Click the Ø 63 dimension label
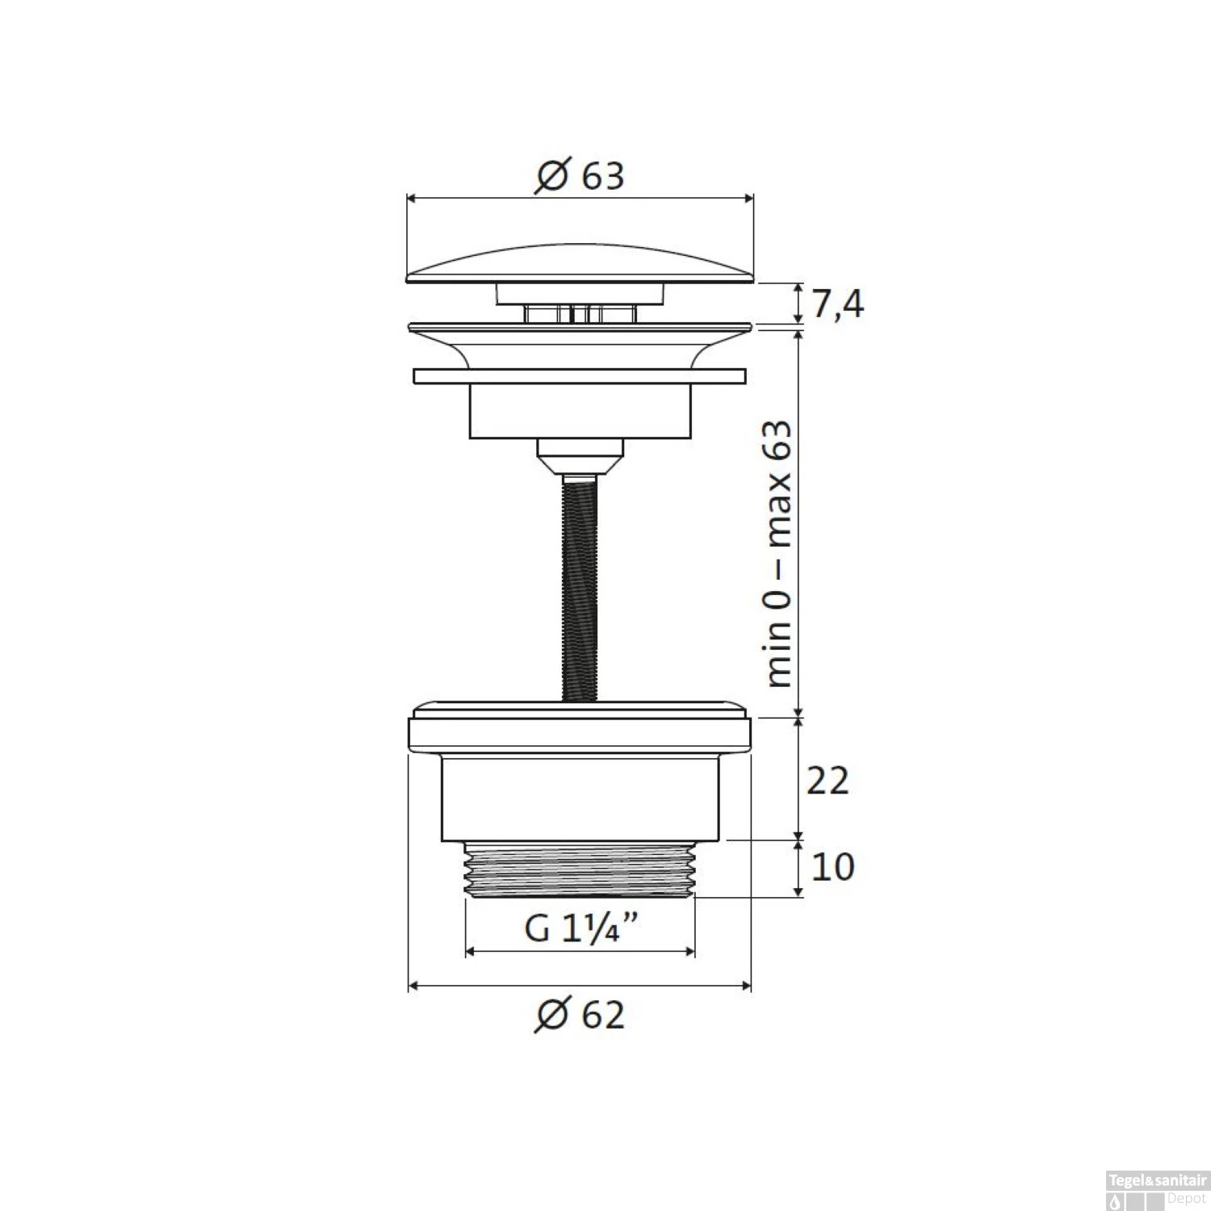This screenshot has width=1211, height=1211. [x=579, y=175]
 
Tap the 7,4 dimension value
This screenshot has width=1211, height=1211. [x=837, y=305]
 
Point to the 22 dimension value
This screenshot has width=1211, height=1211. [x=828, y=781]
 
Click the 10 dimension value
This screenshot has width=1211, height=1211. [x=832, y=868]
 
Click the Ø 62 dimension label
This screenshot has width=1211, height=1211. [x=579, y=1015]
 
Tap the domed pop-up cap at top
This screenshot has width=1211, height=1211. [x=580, y=266]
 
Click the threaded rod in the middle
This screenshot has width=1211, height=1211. [x=580, y=589]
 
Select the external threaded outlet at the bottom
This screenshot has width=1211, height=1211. [x=580, y=869]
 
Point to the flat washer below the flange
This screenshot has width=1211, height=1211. [x=580, y=376]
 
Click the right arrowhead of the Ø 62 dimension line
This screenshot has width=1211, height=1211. [x=747, y=985]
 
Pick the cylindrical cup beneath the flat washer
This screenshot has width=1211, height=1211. [x=580, y=412]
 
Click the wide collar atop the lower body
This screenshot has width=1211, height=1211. [x=580, y=731]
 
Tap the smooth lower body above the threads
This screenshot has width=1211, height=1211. [x=580, y=799]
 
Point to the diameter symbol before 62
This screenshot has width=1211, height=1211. [x=551, y=1015]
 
